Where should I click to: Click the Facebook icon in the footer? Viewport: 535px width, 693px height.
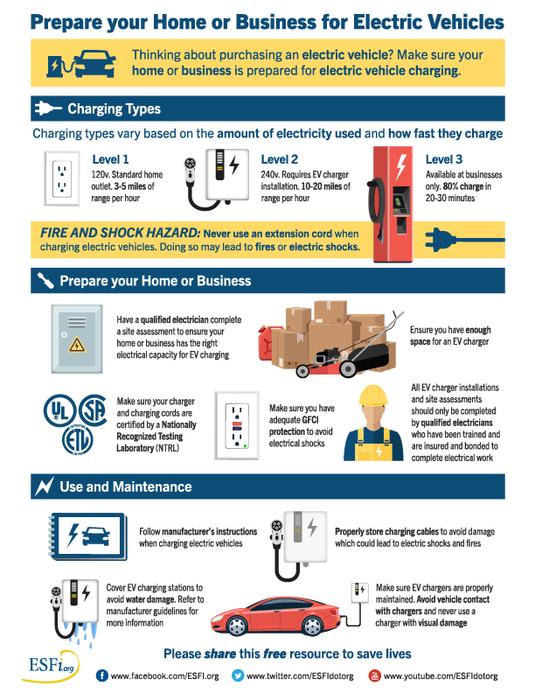click(x=102, y=675)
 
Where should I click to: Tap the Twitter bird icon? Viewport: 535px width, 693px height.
click(x=238, y=675)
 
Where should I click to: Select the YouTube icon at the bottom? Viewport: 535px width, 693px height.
click(x=374, y=675)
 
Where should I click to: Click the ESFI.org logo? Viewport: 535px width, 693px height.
click(x=50, y=666)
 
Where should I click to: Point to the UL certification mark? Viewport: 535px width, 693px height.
click(x=59, y=410)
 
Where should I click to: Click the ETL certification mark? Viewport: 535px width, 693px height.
click(x=77, y=440)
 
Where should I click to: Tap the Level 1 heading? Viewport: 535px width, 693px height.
click(x=110, y=159)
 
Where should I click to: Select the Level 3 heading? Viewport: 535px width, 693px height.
click(x=443, y=159)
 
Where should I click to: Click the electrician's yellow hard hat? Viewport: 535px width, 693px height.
click(x=373, y=395)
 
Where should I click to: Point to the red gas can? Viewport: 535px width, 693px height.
click(x=265, y=342)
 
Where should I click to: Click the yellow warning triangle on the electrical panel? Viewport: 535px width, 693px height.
click(x=77, y=344)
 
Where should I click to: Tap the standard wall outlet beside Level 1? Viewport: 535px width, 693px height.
click(x=62, y=178)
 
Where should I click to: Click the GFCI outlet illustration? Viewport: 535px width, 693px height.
click(x=237, y=425)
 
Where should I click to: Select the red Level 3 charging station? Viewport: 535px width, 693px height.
click(x=392, y=205)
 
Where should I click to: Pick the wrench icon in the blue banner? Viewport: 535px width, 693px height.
click(x=45, y=280)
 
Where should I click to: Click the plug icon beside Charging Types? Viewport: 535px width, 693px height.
click(x=48, y=108)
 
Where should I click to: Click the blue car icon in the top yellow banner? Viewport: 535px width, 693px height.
click(x=95, y=63)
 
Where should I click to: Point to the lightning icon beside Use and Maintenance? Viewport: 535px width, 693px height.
click(x=44, y=486)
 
